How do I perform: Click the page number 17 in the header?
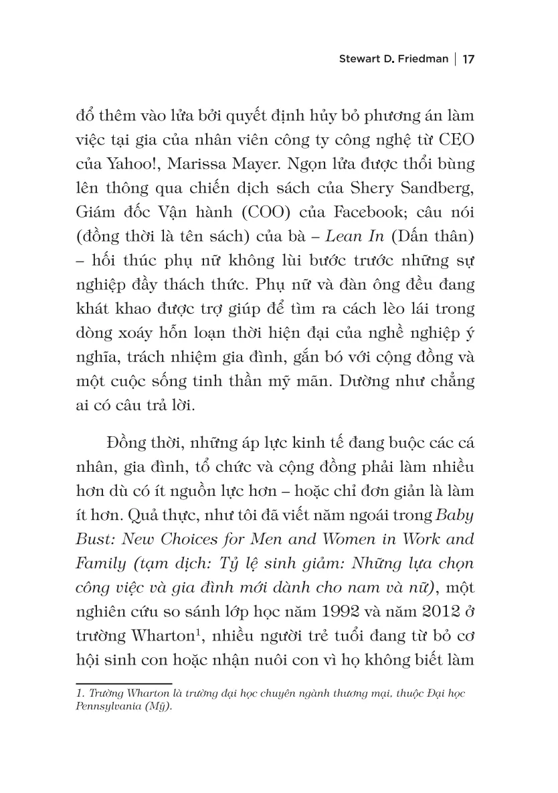[468, 60]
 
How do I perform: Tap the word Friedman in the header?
[419, 60]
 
